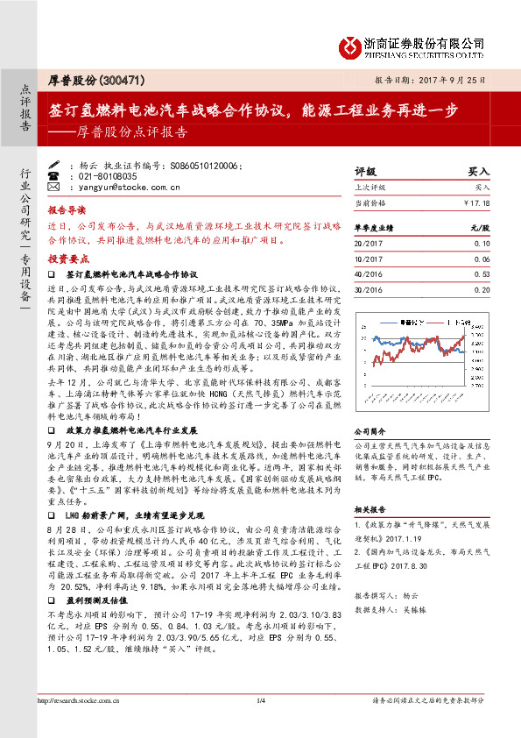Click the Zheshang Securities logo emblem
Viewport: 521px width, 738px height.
click(349, 45)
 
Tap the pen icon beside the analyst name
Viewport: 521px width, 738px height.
click(53, 165)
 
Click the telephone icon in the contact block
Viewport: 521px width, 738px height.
click(53, 176)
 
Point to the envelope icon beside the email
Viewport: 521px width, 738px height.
click(53, 188)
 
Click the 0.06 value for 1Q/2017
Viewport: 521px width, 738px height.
click(482, 258)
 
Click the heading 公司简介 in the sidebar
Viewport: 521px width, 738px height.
click(369, 432)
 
